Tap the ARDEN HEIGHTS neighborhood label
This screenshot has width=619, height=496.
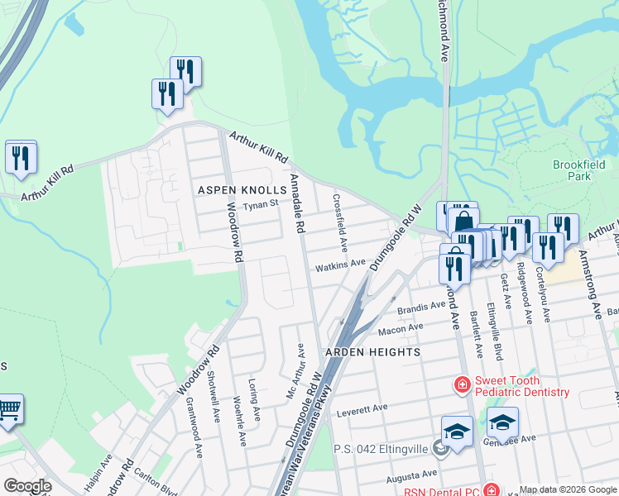[x=372, y=351]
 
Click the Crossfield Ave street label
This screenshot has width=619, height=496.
[x=338, y=223]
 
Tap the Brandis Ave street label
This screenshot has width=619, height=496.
[x=421, y=307]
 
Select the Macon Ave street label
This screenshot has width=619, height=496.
[x=400, y=330]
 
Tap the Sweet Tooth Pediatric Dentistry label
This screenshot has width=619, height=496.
[x=521, y=386]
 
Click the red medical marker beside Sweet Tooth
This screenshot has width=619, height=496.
[x=461, y=384]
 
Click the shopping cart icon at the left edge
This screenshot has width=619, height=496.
[x=9, y=408]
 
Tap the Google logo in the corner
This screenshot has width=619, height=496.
[x=27, y=486]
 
